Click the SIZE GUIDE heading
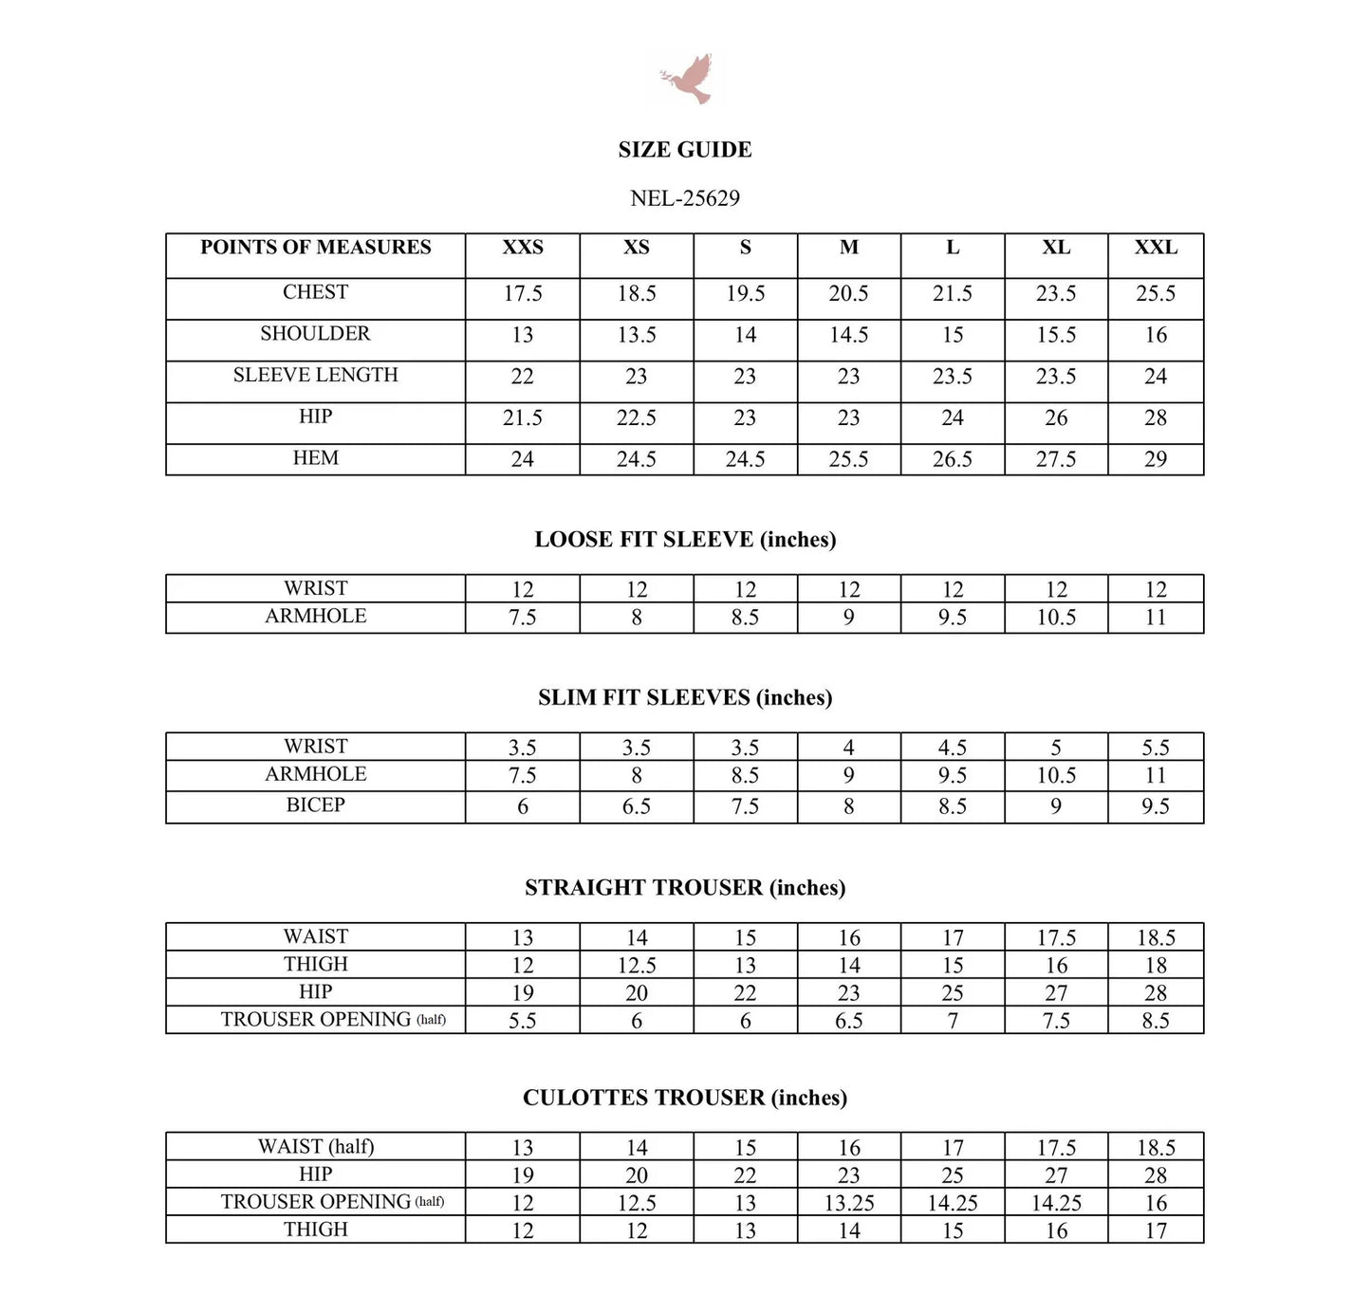(x=685, y=150)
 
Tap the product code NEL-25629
(x=685, y=198)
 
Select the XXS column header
(x=523, y=248)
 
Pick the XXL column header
(x=1156, y=248)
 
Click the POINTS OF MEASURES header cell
(x=316, y=248)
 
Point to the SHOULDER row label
(x=316, y=334)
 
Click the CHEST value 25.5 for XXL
(x=1156, y=294)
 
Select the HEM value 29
(x=1156, y=459)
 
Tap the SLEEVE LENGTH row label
(x=316, y=376)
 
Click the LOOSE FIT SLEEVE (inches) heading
(x=685, y=540)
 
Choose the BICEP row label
(x=316, y=805)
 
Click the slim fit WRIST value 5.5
(x=1156, y=748)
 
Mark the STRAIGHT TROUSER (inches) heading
(x=685, y=888)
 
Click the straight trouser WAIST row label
(x=316, y=937)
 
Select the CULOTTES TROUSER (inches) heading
(x=685, y=1098)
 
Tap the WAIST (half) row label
(x=316, y=1147)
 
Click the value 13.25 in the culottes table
(x=849, y=1203)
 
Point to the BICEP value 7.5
(x=745, y=806)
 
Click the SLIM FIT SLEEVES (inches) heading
(x=685, y=698)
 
